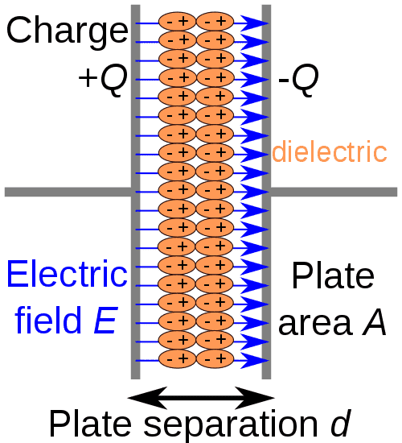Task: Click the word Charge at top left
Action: (x=66, y=30)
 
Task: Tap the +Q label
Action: (x=102, y=78)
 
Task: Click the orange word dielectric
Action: (x=330, y=151)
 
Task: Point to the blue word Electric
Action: (x=67, y=275)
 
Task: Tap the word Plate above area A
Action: (x=332, y=275)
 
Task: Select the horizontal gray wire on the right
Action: (x=334, y=192)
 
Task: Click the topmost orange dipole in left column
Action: (x=177, y=20)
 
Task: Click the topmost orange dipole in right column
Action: (x=214, y=20)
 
